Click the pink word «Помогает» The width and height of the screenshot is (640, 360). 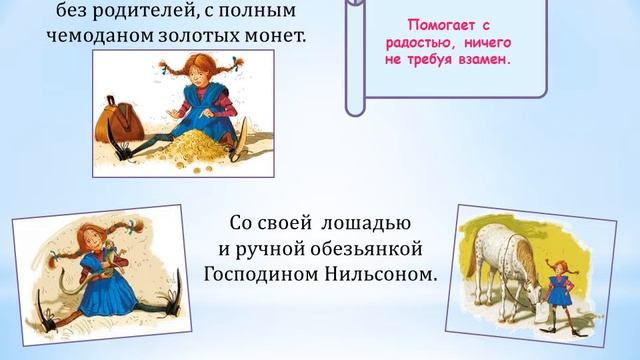click(x=431, y=23)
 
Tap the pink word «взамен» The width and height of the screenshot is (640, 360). click(x=484, y=59)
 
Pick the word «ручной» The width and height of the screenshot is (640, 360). click(x=269, y=247)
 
